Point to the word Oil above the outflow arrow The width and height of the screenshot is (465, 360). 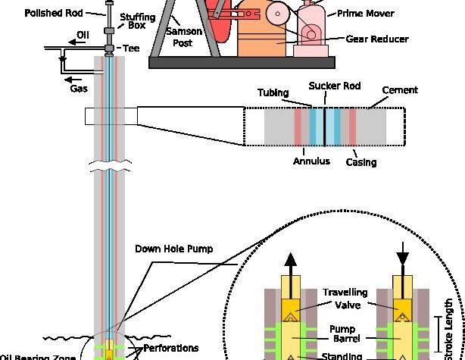coord(83,34)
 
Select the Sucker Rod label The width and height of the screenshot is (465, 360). coord(329,88)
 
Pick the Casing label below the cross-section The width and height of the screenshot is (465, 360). coord(361,161)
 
